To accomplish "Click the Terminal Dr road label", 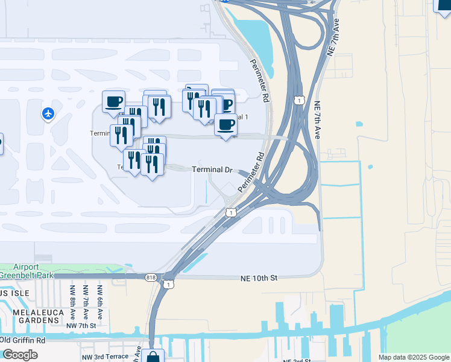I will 212,170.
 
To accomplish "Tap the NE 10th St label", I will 257,278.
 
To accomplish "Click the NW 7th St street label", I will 81,326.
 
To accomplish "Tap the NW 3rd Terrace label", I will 105,356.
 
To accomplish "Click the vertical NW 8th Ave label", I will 72,302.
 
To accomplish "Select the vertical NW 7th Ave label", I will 86,302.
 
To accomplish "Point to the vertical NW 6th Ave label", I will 100,302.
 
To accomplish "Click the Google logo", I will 19,355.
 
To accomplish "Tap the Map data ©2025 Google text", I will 413,357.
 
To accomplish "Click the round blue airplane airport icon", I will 48,113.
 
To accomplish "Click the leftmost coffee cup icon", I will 113,101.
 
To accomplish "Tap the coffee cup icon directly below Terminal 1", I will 225,125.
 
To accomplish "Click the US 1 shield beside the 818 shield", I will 168,284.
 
